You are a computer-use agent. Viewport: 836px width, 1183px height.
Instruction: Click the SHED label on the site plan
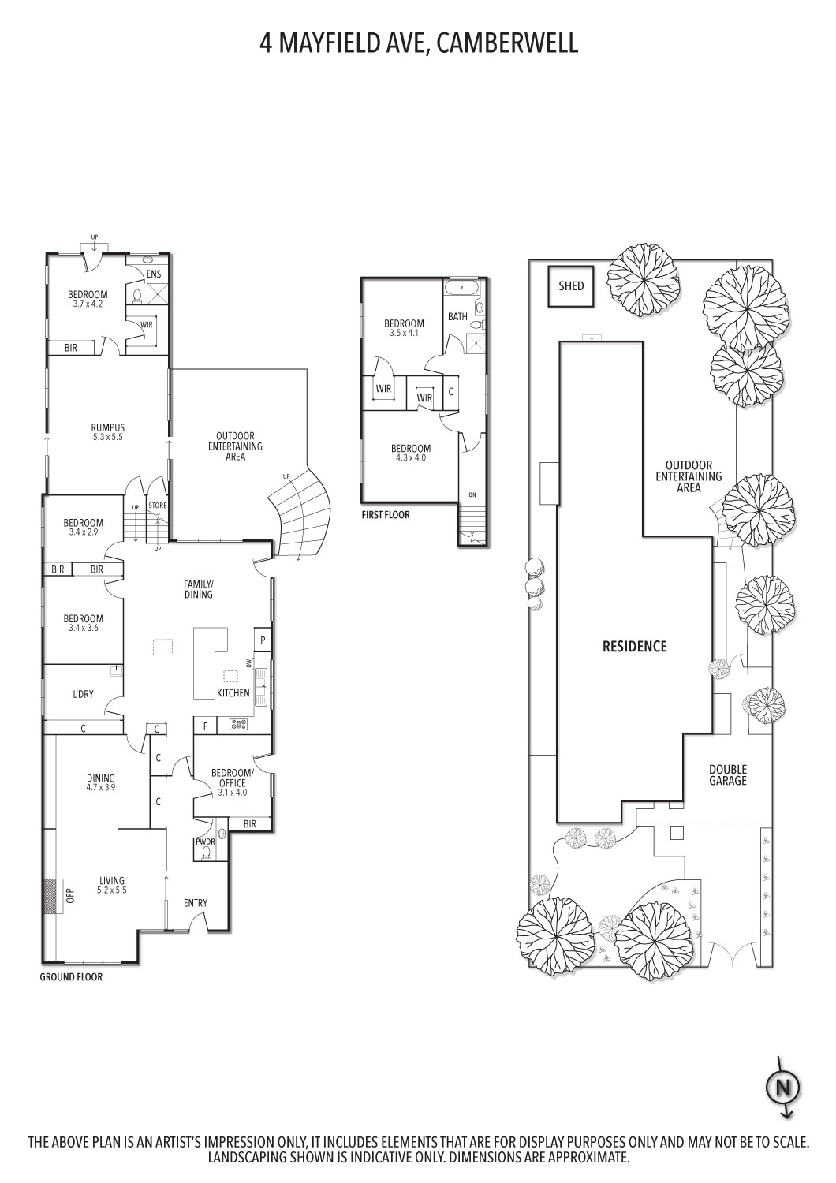click(x=571, y=285)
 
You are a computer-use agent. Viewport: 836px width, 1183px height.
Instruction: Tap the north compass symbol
click(x=783, y=1088)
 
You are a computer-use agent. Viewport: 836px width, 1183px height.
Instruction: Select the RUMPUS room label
click(x=108, y=427)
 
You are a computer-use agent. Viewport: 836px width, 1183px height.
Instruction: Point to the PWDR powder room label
click(x=205, y=842)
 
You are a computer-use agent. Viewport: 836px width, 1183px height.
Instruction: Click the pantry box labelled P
click(x=263, y=640)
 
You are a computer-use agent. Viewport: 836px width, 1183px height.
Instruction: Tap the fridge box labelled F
click(x=205, y=726)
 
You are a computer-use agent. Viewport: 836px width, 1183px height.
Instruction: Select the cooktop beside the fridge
click(x=238, y=725)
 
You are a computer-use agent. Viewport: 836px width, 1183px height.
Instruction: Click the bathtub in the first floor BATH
click(x=462, y=288)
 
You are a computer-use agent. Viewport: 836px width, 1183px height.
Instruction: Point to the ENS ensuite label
click(x=154, y=274)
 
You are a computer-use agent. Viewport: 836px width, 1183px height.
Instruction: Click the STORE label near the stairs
click(x=158, y=506)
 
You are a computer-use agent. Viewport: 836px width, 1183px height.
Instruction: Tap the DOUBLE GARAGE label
click(x=728, y=774)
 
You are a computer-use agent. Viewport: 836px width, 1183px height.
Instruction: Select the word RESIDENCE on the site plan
click(x=635, y=646)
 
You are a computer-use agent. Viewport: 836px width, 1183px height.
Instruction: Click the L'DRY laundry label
click(x=83, y=694)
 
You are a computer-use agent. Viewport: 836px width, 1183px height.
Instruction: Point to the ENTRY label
click(x=196, y=902)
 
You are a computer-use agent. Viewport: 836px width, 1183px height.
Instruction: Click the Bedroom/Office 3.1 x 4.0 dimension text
click(x=233, y=792)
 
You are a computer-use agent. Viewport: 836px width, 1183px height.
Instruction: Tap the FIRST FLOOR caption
click(x=386, y=514)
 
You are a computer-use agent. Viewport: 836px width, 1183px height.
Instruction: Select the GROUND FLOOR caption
click(x=71, y=977)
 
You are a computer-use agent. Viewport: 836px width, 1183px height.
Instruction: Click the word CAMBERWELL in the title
click(x=507, y=43)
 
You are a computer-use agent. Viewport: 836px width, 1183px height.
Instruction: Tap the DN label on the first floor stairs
click(x=472, y=494)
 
